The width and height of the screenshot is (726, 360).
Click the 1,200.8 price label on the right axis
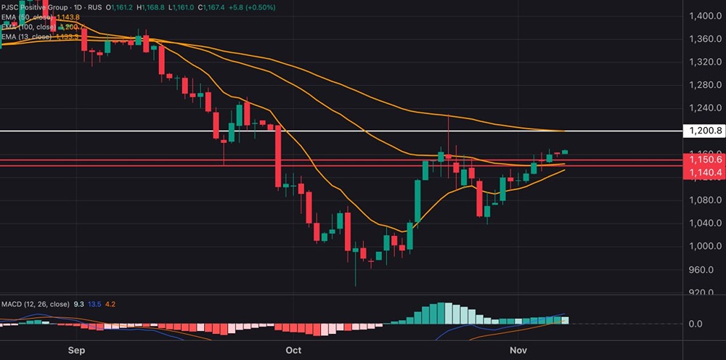click(703, 131)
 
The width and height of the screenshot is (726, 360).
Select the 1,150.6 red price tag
click(703, 160)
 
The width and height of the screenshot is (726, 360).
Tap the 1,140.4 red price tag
click(703, 173)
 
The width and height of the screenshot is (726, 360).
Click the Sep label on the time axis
click(77, 351)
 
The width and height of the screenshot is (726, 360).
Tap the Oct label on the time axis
click(293, 351)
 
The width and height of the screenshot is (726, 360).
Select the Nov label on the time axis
click(518, 351)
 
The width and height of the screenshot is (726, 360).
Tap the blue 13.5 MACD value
click(94, 305)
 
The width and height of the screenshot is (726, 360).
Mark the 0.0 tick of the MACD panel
click(695, 324)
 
